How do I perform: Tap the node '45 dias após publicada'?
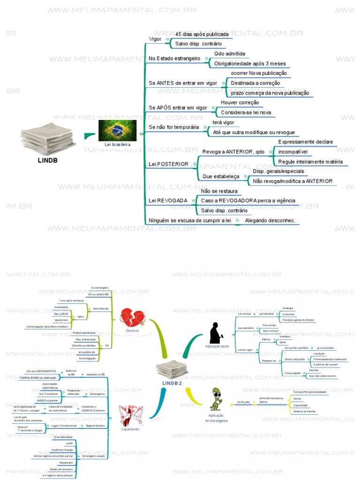(202, 34)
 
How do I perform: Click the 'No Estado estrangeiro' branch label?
(174, 58)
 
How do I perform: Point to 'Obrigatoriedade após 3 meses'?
(249, 64)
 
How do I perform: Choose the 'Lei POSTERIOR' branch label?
(168, 164)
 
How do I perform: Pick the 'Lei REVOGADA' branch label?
(168, 201)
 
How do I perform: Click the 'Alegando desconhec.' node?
(270, 220)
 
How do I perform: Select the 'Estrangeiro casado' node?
(94, 456)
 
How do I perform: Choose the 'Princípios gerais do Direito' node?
(298, 320)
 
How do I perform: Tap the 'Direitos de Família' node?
(305, 411)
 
